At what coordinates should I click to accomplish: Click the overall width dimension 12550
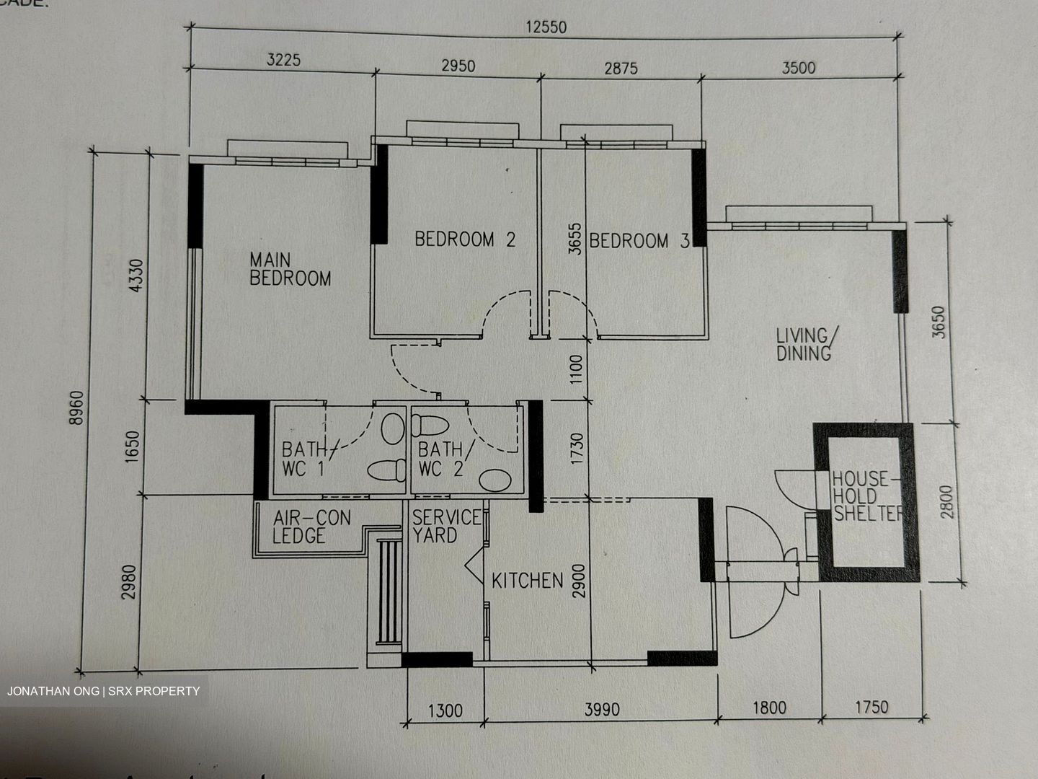tap(546, 28)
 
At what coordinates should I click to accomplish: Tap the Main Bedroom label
tap(290, 269)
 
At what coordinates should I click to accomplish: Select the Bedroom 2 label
tap(465, 239)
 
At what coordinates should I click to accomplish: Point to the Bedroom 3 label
tap(639, 241)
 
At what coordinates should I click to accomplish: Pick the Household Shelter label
tap(866, 496)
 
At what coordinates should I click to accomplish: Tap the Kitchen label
tap(527, 581)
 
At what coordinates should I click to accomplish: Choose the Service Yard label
tap(445, 526)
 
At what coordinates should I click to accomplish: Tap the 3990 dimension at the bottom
tap(601, 710)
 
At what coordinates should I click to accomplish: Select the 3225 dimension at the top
tap(283, 60)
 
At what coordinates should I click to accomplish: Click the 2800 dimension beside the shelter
tap(946, 501)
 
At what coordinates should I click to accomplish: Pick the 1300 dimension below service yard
tap(445, 711)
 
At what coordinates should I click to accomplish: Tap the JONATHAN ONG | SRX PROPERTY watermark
tap(103, 691)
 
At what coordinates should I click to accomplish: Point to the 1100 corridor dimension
tap(575, 368)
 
